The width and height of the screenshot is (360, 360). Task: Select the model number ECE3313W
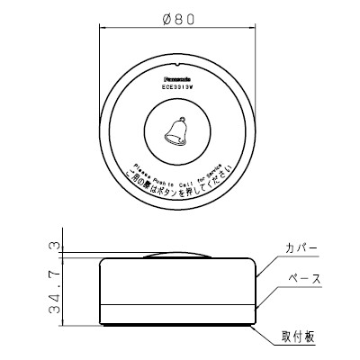(178, 87)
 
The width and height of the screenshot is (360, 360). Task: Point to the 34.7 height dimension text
(56, 289)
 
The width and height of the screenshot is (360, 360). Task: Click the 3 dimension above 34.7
(56, 246)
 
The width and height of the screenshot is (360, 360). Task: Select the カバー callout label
(301, 247)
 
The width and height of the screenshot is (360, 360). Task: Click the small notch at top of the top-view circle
(178, 64)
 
